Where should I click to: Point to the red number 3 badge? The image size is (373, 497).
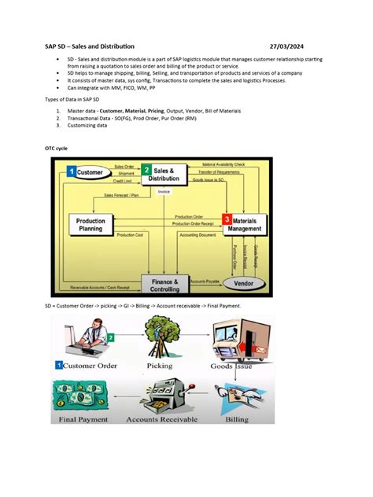[227, 219]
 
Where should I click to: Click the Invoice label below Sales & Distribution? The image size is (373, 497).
[164, 191]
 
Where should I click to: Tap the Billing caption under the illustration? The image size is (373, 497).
[235, 420]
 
